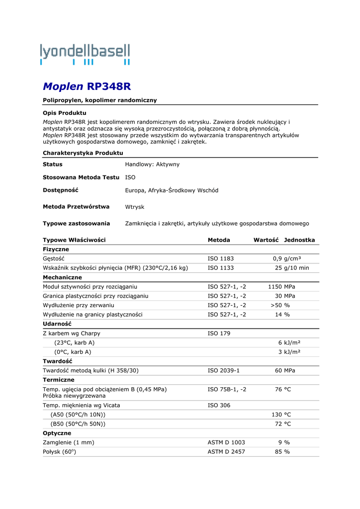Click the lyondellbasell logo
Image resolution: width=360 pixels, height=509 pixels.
[x=86, y=54]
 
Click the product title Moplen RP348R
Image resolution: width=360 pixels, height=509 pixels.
[x=87, y=86]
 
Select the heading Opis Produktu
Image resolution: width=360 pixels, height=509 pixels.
[x=65, y=113]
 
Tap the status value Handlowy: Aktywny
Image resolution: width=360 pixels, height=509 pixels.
[x=152, y=164]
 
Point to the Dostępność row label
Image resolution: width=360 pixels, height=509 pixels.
[x=61, y=190]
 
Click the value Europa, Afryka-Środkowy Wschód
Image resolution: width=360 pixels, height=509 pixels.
[x=172, y=190]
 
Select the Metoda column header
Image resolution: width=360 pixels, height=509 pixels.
[x=219, y=240]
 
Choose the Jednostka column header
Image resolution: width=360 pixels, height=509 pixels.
[x=299, y=240]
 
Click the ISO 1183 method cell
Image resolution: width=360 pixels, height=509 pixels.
[x=221, y=258]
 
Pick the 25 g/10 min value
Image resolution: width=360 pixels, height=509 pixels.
[x=292, y=268]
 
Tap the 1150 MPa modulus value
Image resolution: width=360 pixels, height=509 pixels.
[x=282, y=287]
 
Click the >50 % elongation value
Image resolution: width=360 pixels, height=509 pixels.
[x=280, y=305]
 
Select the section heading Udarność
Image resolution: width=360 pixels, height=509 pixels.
[x=57, y=324]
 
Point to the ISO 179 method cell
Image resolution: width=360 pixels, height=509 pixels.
[x=219, y=333]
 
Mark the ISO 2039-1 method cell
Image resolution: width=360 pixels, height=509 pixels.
[x=224, y=370]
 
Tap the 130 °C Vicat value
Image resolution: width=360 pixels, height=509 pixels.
[x=281, y=415]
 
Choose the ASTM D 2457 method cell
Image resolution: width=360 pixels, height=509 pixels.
[x=226, y=452]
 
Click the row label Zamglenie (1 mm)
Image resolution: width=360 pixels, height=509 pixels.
[x=69, y=442]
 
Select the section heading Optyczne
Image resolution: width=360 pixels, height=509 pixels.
[x=57, y=433]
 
